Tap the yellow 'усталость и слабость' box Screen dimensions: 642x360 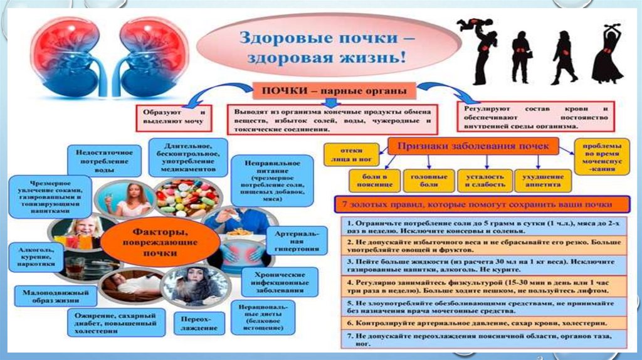[481, 181]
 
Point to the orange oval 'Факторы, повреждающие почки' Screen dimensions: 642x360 [147, 242]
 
